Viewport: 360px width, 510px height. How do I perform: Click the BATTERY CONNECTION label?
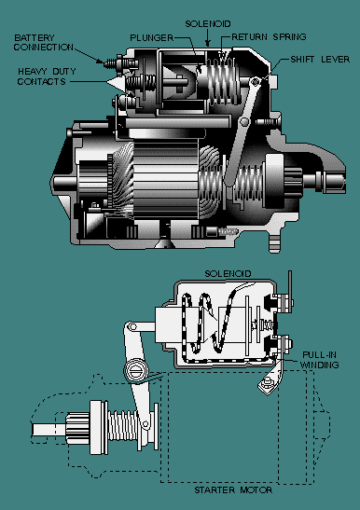(x=43, y=43)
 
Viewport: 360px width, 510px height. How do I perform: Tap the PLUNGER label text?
(x=152, y=37)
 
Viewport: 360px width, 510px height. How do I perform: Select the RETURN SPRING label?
(x=269, y=36)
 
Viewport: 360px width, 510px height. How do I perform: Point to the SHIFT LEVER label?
(x=320, y=59)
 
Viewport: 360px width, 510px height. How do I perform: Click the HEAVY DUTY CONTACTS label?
(x=47, y=76)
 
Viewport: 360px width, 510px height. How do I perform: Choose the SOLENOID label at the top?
(x=208, y=23)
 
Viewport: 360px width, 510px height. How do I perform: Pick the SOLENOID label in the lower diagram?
(x=228, y=273)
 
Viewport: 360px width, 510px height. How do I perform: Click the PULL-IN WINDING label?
(x=319, y=360)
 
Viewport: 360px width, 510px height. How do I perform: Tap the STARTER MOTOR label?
(x=233, y=489)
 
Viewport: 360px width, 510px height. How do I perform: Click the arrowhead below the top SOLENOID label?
(x=208, y=43)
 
